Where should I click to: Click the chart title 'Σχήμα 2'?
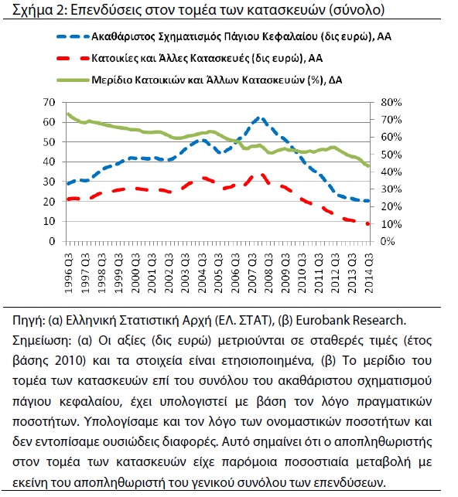click(39, 10)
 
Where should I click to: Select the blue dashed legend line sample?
click(73, 37)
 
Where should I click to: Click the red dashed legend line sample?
click(73, 58)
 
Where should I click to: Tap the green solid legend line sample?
click(73, 80)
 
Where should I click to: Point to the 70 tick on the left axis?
click(50, 102)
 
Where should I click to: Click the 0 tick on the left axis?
click(53, 241)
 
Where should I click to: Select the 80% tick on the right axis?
click(391, 102)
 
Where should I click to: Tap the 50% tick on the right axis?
click(391, 155)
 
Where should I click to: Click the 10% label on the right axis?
click(391, 224)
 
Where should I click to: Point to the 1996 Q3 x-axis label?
click(69, 273)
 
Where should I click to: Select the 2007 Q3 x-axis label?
click(252, 273)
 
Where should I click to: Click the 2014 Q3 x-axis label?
click(369, 273)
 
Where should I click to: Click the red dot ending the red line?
click(368, 224)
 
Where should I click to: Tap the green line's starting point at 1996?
click(67, 114)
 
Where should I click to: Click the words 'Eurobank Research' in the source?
click(350, 321)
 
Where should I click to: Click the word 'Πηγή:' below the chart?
click(29, 321)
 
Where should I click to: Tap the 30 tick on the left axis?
click(50, 182)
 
